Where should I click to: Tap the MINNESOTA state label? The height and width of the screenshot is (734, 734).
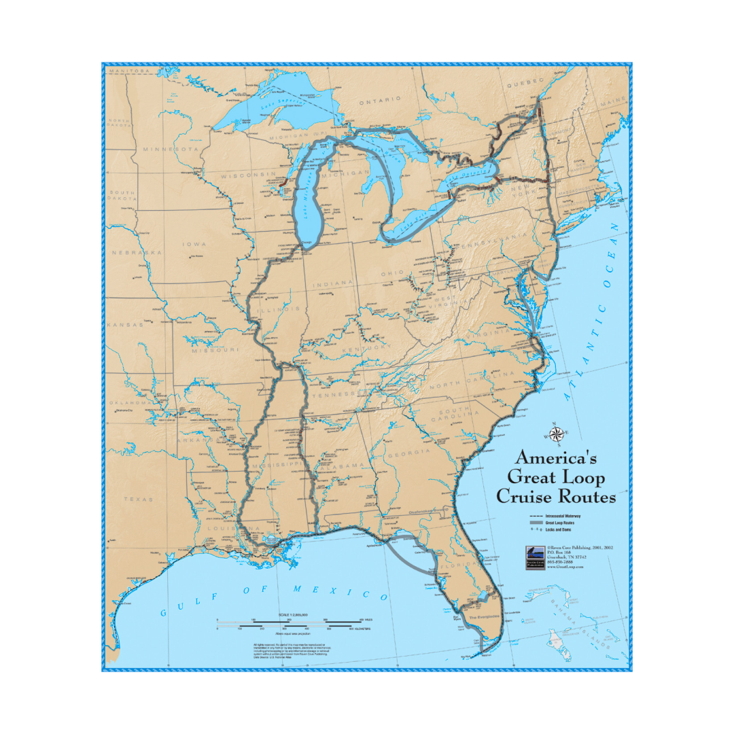click(x=169, y=148)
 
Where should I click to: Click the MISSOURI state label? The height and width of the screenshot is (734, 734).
click(x=215, y=350)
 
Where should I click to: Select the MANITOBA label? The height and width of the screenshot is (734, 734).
click(x=128, y=71)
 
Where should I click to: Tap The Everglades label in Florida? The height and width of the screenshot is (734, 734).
click(x=485, y=616)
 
